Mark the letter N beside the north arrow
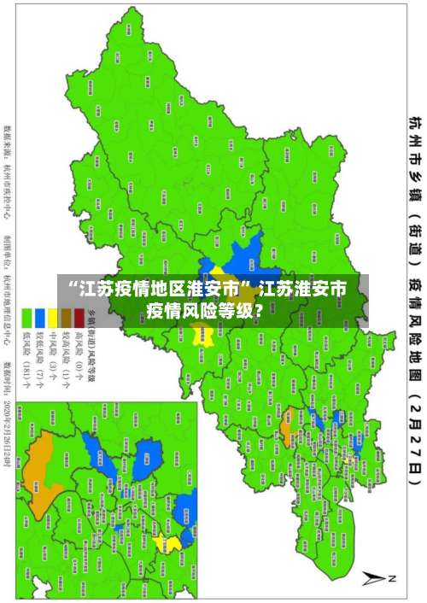click(x=395, y=578)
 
